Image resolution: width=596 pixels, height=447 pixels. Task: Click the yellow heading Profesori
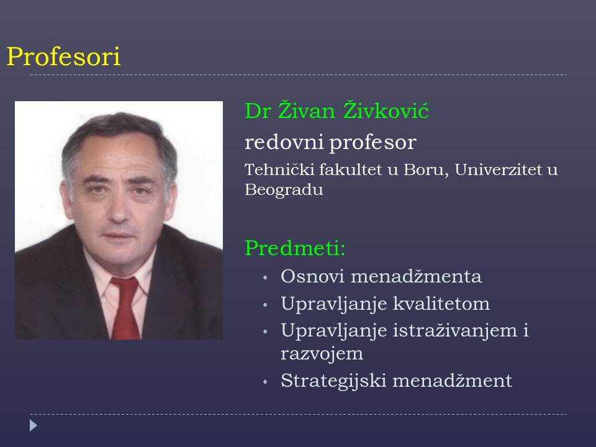coord(64,57)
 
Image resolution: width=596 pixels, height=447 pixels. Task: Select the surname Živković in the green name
coord(386,110)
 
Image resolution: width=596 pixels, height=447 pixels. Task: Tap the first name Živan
coord(306,110)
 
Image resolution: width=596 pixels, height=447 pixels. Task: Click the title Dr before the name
coord(258,111)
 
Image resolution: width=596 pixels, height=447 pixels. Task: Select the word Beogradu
coord(284,189)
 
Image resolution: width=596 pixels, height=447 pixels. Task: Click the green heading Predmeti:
coord(296,248)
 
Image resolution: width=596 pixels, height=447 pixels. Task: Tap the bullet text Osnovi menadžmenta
coord(381,276)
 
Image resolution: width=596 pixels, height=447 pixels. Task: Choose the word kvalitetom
coord(441,304)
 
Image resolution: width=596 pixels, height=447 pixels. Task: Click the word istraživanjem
coord(455,330)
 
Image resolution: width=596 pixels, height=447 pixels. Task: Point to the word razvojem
coord(322,353)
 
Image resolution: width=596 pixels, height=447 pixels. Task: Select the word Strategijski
coord(334,381)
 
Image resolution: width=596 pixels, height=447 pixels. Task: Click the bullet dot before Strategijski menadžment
coord(265,381)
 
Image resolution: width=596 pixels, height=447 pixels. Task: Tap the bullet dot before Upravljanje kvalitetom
coord(265,304)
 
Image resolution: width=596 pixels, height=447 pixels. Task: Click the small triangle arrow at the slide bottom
coord(34,425)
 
